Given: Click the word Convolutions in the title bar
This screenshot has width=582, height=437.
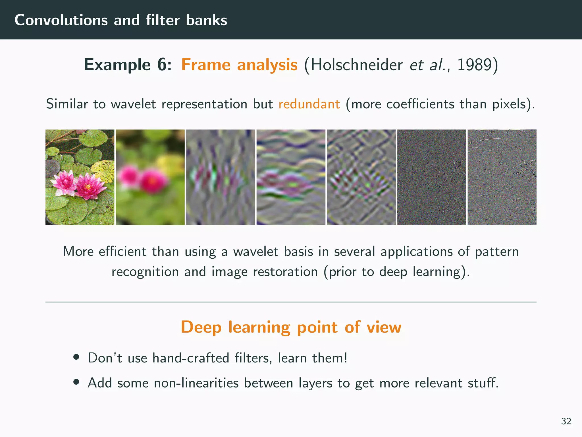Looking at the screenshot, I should click(61, 20).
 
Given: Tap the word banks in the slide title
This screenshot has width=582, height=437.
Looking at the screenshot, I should click(207, 20).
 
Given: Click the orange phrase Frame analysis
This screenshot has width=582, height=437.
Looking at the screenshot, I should click(239, 65).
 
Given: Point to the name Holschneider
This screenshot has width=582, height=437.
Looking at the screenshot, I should click(356, 65).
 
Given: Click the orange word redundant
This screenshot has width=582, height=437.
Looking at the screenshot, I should click(309, 104).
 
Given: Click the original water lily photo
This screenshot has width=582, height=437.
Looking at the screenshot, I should click(80, 177).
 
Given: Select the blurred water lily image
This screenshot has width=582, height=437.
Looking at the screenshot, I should click(150, 177).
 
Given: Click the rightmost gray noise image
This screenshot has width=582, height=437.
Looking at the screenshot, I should click(502, 177).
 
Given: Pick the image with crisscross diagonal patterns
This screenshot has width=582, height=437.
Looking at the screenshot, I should click(361, 177).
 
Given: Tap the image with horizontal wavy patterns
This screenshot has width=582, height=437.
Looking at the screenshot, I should click(291, 177).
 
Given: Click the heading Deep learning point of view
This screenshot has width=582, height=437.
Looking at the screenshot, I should click(291, 327).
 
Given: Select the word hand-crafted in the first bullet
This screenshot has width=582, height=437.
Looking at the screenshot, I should click(191, 358).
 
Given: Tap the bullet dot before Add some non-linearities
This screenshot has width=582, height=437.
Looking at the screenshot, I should click(76, 382).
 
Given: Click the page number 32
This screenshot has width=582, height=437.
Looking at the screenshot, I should click(566, 421).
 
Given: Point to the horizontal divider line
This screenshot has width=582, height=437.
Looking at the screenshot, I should click(291, 302).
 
